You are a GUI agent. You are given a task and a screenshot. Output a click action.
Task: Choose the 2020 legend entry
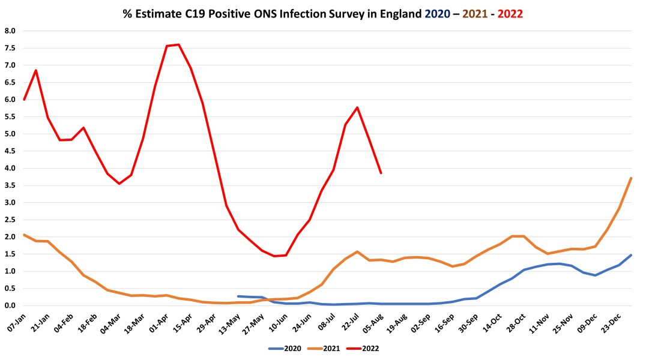tap(288, 347)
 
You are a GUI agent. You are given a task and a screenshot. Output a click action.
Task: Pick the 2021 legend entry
tap(326, 347)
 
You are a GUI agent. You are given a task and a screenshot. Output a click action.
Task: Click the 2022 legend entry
tap(364, 347)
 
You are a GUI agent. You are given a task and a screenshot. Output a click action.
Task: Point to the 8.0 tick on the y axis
tap(10, 31)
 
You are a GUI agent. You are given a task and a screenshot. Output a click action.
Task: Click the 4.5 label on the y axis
tap(10, 151)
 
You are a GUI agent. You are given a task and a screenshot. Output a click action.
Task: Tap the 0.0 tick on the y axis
tap(10, 305)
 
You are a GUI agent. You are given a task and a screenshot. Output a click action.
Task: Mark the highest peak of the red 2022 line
tap(179, 44)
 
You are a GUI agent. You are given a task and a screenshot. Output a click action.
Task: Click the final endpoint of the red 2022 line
tap(381, 173)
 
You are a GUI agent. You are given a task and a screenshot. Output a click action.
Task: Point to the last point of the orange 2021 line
tap(631, 178)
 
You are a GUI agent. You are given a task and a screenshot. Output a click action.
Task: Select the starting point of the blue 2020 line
tap(238, 296)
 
